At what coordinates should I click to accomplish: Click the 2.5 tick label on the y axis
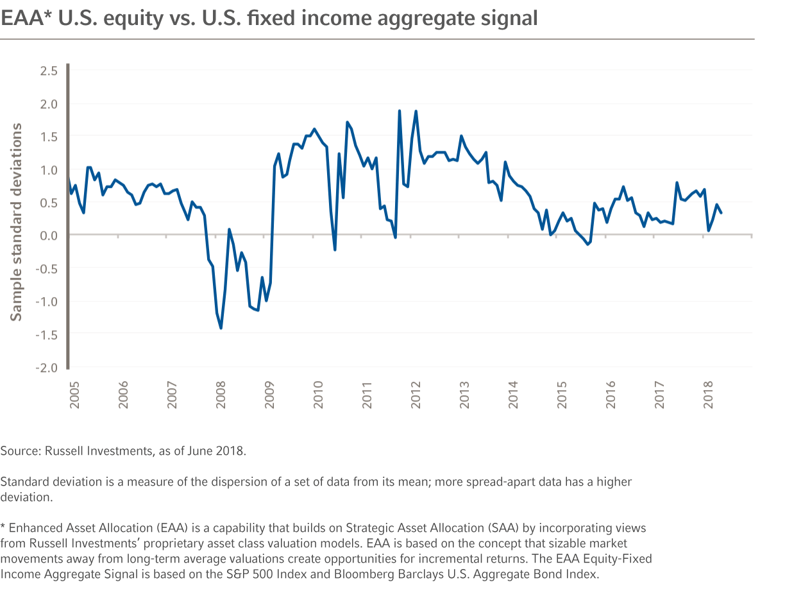tap(49, 71)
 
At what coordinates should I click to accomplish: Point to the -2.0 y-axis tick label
tap(47, 368)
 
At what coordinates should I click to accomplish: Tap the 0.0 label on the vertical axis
tap(49, 235)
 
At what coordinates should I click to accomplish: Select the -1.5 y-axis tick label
tap(47, 335)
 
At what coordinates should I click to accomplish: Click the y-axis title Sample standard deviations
tap(17, 221)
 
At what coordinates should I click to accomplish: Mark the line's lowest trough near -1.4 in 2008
tap(221, 328)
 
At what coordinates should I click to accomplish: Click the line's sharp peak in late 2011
tap(400, 111)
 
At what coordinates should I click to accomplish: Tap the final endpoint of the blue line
tap(721, 213)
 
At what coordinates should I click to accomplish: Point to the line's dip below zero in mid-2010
tap(335, 250)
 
